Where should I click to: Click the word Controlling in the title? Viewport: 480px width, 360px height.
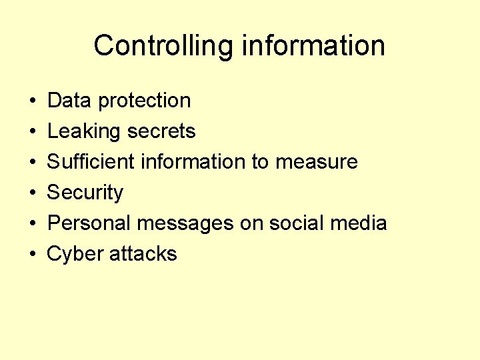(x=164, y=46)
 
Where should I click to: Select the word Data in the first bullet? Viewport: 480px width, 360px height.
(x=70, y=101)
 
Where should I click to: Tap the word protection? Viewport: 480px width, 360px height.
(x=144, y=101)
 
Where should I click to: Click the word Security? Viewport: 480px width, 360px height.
(x=85, y=193)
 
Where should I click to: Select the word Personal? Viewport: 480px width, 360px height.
(x=89, y=223)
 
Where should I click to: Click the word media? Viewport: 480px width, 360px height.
(x=361, y=223)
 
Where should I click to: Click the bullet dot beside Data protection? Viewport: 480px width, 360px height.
(x=33, y=101)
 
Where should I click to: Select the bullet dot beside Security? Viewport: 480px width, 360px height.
(x=33, y=193)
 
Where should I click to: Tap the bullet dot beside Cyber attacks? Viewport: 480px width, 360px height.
(x=33, y=255)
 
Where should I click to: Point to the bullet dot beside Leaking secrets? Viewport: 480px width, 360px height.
(x=33, y=132)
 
